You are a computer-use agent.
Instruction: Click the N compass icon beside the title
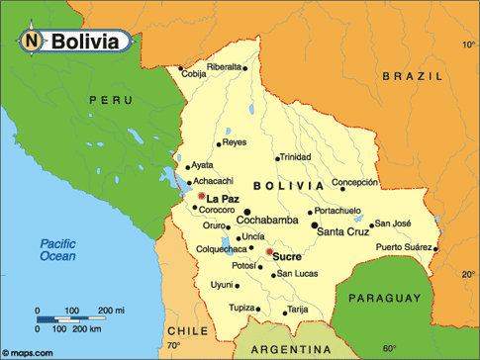[32, 41]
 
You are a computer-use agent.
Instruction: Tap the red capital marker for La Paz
[202, 197]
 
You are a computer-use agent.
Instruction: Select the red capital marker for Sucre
[268, 251]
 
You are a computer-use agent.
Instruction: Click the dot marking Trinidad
[276, 157]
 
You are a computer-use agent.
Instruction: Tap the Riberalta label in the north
[225, 67]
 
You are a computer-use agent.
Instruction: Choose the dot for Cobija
[183, 70]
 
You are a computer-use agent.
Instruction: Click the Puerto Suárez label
[403, 247]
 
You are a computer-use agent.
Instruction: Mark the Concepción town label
[354, 183]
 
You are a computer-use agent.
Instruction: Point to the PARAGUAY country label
[382, 297]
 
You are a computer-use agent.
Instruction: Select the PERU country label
[109, 100]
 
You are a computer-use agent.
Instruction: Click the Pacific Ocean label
[57, 250]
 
